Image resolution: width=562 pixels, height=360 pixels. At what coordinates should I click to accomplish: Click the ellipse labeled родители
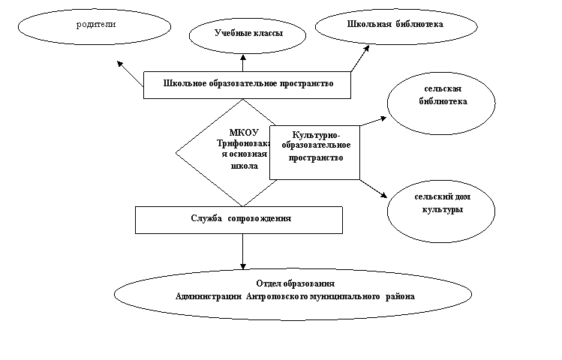[x=95, y=26]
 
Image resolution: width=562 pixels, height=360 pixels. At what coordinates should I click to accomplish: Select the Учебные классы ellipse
[x=248, y=34]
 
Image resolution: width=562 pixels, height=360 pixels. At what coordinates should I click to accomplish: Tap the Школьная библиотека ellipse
[x=395, y=25]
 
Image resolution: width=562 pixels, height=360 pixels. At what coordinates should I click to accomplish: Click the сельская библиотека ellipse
[x=441, y=101]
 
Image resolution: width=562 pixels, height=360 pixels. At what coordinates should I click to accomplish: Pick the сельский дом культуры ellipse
[x=441, y=204]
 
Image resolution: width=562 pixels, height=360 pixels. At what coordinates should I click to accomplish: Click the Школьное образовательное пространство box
[x=248, y=84]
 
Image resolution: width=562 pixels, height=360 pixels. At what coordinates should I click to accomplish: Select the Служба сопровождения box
[x=239, y=219]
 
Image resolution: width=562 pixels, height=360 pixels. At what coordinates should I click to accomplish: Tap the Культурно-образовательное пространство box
[x=314, y=152]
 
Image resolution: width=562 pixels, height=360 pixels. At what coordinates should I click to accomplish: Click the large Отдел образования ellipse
[x=294, y=292]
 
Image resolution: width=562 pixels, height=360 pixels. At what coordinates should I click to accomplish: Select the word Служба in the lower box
[x=206, y=218]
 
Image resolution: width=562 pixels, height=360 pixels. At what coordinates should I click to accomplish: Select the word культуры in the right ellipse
[x=442, y=210]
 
